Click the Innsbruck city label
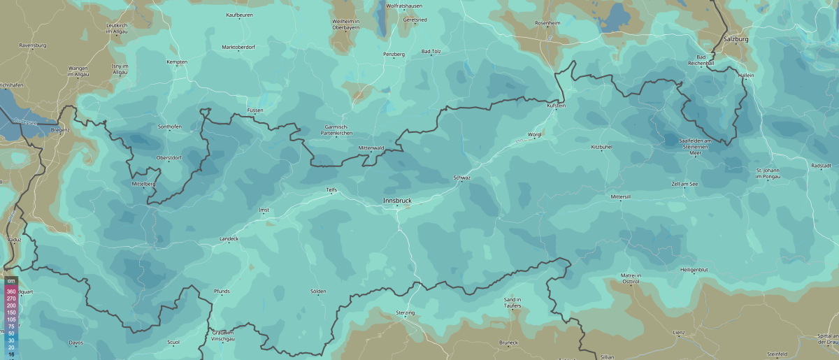397,201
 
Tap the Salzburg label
736,39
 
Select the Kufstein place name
556,105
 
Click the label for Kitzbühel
601,147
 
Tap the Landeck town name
229,239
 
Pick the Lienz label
678,332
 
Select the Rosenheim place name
547,23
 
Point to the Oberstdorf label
169,157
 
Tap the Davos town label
76,343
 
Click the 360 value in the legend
11,291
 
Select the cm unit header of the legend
11,281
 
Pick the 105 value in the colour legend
11,319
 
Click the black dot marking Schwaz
462,183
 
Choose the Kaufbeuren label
239,15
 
